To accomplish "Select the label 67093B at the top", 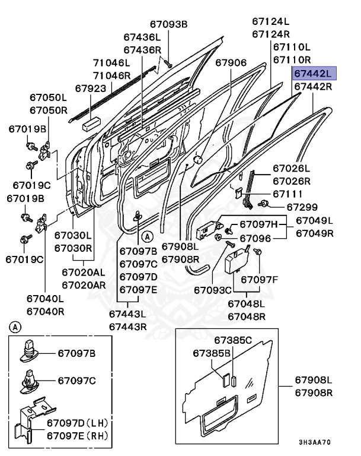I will [x=168, y=24].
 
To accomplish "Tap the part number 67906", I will [x=231, y=62].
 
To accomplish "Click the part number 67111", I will [x=287, y=194].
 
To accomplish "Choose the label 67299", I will [x=302, y=207].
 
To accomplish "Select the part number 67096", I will [x=255, y=238].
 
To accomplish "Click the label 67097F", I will [x=258, y=278].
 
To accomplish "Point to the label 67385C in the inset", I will [x=233, y=340].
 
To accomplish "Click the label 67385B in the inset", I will [x=212, y=353].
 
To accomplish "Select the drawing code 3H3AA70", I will [x=314, y=442].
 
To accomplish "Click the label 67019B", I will [x=27, y=129].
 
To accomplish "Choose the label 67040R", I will [x=46, y=311].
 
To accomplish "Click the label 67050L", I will [x=49, y=97].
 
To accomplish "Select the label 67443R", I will [x=127, y=325].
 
